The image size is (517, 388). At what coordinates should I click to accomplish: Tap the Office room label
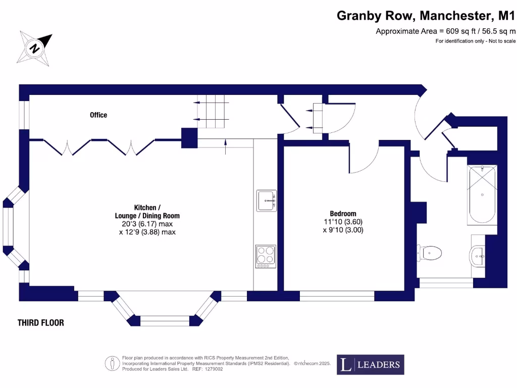(98, 115)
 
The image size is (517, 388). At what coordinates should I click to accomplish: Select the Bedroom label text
(343, 213)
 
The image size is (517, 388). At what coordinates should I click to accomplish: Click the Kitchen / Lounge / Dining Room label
(147, 212)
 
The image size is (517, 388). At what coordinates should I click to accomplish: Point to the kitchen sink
(266, 201)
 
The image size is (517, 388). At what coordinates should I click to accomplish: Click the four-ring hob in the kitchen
(266, 256)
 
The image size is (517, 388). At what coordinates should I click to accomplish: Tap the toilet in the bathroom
(430, 251)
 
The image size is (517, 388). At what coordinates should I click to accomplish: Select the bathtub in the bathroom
(482, 195)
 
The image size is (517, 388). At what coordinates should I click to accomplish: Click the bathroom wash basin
(478, 256)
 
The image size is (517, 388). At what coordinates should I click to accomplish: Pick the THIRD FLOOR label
(41, 322)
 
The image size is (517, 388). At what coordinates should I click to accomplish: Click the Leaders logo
(370, 364)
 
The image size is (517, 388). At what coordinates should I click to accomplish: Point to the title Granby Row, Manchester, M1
(426, 16)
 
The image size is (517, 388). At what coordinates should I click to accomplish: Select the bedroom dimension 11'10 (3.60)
(343, 221)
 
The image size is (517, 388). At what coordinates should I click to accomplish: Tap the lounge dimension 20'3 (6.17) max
(147, 224)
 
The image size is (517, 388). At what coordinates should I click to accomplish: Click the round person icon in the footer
(112, 363)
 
